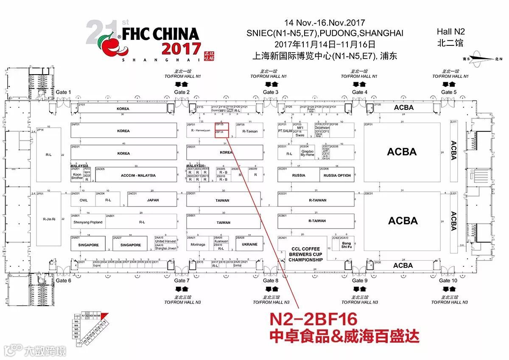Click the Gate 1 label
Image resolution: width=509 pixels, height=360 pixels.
pyautogui.click(x=64, y=92)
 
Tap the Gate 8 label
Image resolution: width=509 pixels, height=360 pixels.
pyautogui.click(x=271, y=280)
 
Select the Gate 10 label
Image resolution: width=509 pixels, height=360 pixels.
pyautogui.click(x=448, y=280)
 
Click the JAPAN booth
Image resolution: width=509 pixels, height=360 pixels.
pyautogui.click(x=153, y=200)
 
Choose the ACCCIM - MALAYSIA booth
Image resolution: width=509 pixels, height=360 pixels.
pyautogui.click(x=138, y=175)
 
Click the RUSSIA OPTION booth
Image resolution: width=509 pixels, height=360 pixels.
pyautogui.click(x=337, y=175)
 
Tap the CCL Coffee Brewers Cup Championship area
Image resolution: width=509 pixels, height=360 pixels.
pyautogui.click(x=305, y=254)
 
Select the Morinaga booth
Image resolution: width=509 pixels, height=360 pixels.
pyautogui.click(x=198, y=244)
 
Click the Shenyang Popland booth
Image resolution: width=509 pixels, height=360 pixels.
pyautogui.click(x=88, y=222)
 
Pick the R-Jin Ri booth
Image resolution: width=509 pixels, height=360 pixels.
pyautogui.click(x=49, y=219)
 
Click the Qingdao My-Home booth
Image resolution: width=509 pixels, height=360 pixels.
pyautogui.click(x=307, y=153)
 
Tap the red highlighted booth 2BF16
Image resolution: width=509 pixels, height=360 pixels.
pyautogui.click(x=222, y=134)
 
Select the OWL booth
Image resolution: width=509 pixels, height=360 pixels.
pyautogui.click(x=84, y=200)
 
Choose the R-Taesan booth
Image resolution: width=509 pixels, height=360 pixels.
pyautogui.click(x=250, y=131)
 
